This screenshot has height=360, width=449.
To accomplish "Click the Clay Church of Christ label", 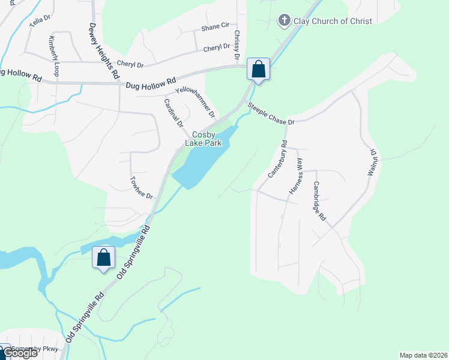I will [333, 21].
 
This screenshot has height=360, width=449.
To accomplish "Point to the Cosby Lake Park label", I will [207, 139].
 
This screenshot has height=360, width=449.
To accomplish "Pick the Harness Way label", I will [296, 175].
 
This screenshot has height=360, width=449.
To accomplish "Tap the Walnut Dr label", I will [373, 162].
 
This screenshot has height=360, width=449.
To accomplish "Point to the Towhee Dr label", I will [142, 188].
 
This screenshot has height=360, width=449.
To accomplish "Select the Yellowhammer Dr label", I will [194, 101].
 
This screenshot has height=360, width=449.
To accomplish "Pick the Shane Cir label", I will [215, 26].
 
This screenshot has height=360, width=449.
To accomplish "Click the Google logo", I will [20, 353].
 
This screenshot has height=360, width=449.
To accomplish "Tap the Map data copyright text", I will [423, 355].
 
